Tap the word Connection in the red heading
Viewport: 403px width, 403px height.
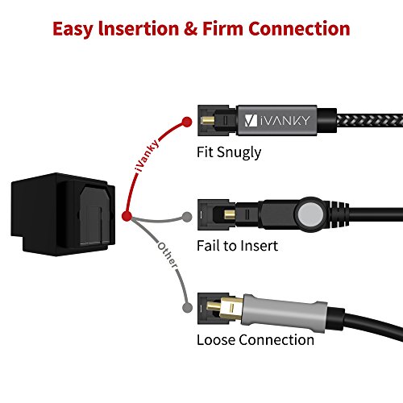click(312, 30)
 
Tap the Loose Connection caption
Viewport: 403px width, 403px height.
click(255, 339)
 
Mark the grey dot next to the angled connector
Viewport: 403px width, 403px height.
click(189, 217)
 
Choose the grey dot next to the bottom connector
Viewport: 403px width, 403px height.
click(189, 308)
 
